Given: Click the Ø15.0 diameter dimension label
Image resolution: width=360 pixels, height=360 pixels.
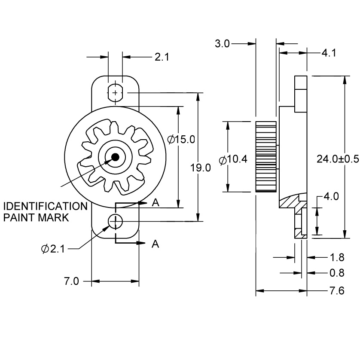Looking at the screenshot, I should tap(181, 139).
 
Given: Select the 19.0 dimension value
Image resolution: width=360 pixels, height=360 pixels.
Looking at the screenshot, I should tap(201, 168).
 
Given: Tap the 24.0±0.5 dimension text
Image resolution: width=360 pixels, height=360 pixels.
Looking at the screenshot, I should tap(337, 159).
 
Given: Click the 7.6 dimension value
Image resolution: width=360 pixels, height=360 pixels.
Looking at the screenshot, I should tap(337, 291).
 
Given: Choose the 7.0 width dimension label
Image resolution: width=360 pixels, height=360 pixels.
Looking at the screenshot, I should tap(72, 281).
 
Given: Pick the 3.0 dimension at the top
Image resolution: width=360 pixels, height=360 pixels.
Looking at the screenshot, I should tap(223, 43).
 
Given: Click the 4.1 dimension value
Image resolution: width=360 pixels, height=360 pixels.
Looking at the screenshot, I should tap(329, 53).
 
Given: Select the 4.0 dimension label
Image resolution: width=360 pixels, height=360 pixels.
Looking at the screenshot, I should tap(331, 197).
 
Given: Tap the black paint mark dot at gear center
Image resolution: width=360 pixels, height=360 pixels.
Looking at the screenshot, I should tap(115, 157).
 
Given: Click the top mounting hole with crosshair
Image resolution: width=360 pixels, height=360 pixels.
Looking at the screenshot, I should tap(115, 92).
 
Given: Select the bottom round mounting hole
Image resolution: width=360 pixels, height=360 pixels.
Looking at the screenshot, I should tap(115, 221).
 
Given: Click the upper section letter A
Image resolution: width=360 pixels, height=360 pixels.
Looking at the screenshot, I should tap(156, 203).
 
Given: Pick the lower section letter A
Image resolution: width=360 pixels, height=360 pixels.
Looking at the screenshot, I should tap(156, 244).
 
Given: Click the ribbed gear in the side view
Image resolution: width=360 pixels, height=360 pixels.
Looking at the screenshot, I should tap(266, 156).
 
